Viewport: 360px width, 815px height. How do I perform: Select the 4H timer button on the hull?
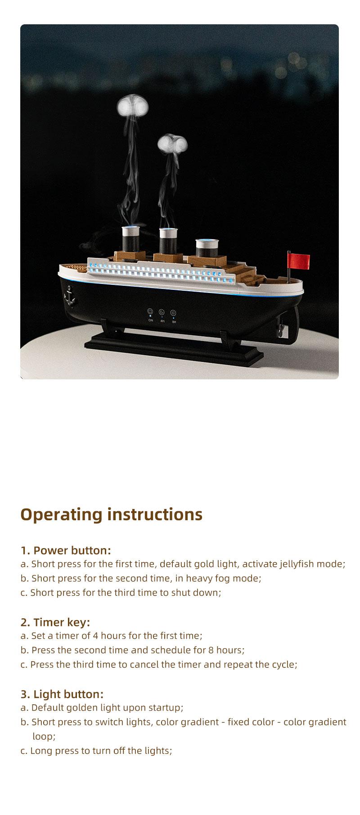pos(162,312)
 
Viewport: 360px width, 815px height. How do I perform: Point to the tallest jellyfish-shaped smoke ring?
pos(130,107)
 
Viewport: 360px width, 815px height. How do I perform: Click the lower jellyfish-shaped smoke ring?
pos(172,144)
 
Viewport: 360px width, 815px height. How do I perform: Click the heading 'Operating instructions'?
pos(112,514)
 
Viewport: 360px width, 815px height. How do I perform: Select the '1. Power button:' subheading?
pos(66,550)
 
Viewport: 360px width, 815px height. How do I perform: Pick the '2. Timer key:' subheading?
pos(55,622)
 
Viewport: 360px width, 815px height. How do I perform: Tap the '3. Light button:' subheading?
pos(62,694)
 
